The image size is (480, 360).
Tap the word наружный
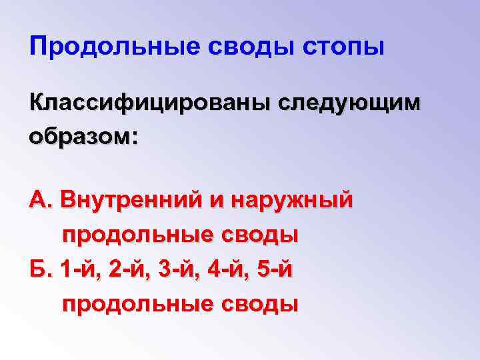click(x=293, y=199)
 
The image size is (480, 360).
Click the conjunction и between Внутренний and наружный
click(x=217, y=199)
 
